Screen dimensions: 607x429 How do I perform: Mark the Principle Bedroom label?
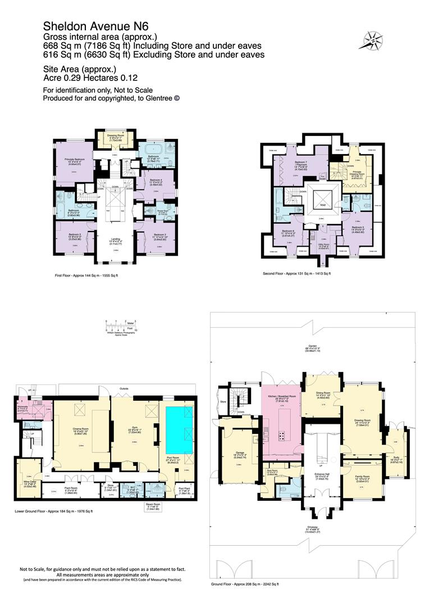tap(74, 160)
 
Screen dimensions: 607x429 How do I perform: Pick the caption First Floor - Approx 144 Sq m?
tap(86, 275)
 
